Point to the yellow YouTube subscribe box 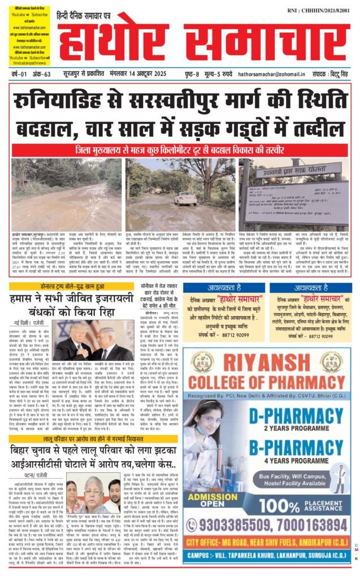[28, 34]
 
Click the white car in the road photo [185, 198]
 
